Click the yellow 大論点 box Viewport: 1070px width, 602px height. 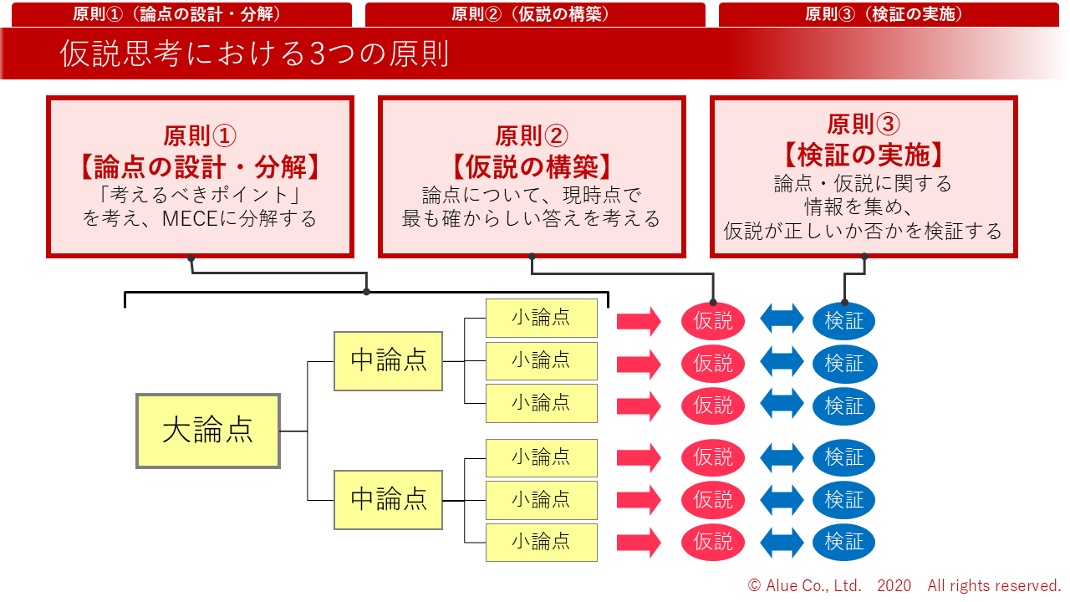[x=207, y=431]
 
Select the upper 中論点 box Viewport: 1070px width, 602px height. [x=388, y=360]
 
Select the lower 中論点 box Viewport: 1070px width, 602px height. [x=388, y=500]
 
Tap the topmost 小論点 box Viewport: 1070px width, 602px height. [x=541, y=318]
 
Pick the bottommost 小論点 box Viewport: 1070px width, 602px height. [x=541, y=542]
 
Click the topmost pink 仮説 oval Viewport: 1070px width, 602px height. [x=712, y=321]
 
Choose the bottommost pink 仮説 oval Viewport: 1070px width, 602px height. [x=712, y=542]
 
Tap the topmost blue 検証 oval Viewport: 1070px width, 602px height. [x=843, y=321]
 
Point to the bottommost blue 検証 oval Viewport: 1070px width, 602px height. [x=843, y=542]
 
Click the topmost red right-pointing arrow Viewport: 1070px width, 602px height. [x=639, y=321]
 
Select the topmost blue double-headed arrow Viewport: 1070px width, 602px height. [x=782, y=319]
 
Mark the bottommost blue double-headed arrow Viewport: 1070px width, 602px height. [x=782, y=542]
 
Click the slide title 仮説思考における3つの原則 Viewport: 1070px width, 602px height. [x=255, y=54]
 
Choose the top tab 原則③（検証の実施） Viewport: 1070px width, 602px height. [x=884, y=14]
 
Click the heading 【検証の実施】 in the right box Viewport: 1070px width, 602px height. [x=864, y=154]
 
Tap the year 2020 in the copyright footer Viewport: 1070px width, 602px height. [x=894, y=585]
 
